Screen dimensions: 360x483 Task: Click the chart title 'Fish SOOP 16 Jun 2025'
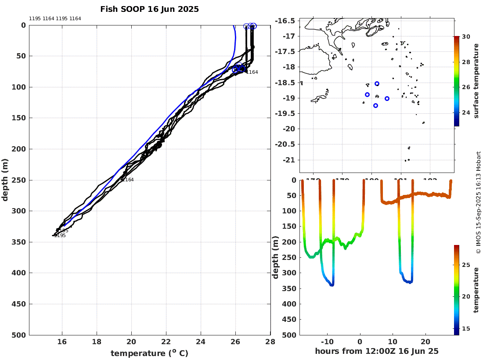[x=149, y=9]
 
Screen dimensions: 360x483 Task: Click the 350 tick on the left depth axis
[x=20, y=242]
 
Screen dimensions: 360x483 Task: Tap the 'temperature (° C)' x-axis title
[x=149, y=353]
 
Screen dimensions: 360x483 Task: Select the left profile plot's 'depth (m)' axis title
[x=5, y=180]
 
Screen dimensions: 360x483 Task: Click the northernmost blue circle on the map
[x=377, y=83]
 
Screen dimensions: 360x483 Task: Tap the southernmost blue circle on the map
[x=375, y=105]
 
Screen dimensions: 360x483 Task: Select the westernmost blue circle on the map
[x=367, y=94]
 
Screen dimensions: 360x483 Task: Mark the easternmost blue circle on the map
[x=387, y=98]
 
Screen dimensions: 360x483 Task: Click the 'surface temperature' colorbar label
[x=476, y=81]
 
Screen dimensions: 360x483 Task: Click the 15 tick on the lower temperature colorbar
[x=466, y=328]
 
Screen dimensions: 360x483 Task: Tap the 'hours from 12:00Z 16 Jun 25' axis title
[x=377, y=351]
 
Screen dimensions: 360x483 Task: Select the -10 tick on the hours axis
[x=328, y=342]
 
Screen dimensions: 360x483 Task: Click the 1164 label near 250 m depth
[x=127, y=180]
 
